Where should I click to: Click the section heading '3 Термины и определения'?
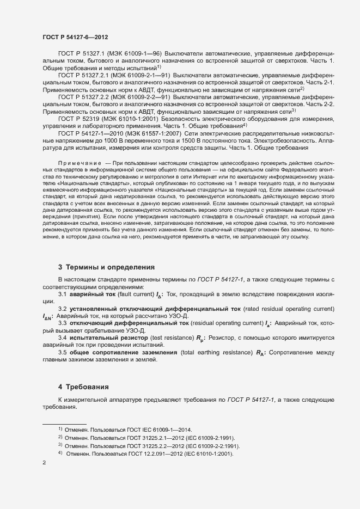pos(106,267)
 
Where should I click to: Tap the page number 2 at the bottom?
pos(44,463)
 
